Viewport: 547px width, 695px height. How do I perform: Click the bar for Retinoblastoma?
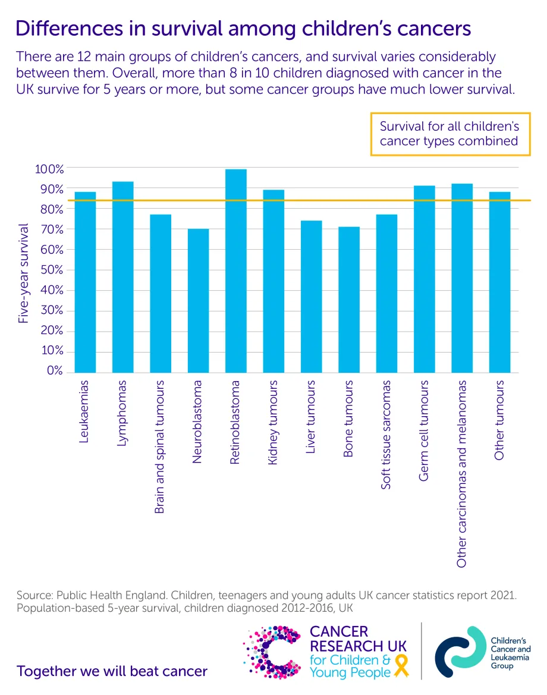point(236,271)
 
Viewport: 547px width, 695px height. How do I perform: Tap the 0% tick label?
point(54,371)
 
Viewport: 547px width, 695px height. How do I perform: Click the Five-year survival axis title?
point(23,273)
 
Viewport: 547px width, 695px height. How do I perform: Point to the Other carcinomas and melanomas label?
point(462,473)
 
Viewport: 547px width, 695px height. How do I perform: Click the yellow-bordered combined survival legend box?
point(450,134)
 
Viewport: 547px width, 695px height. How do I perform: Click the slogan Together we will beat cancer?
point(112,672)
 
